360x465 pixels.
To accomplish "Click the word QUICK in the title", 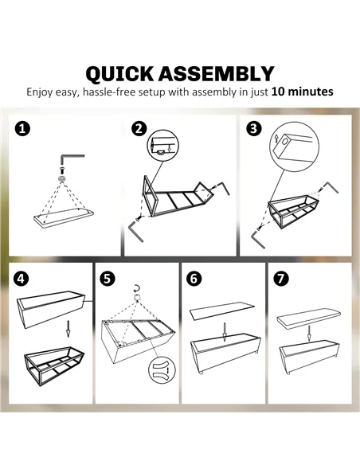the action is (119, 74).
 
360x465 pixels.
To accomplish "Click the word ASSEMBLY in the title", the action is (216, 73).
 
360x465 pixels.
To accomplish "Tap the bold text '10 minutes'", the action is (302, 92).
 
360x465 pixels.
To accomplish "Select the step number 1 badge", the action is (22, 129).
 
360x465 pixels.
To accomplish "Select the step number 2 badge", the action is (139, 129).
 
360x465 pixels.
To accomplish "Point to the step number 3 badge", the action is (254, 129).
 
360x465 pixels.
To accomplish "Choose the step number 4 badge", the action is (21, 279).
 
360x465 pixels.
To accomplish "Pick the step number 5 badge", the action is (107, 279).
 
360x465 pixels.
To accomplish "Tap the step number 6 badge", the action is (194, 279).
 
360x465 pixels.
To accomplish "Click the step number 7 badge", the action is (281, 279).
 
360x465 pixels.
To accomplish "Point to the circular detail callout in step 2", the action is (163, 146).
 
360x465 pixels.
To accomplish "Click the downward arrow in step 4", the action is (68, 328).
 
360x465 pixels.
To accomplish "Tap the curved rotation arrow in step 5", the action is (137, 288).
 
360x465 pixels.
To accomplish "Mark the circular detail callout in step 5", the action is (162, 370).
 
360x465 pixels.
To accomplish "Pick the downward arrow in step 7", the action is (309, 334).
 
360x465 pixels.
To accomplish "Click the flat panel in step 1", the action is (64, 217).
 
